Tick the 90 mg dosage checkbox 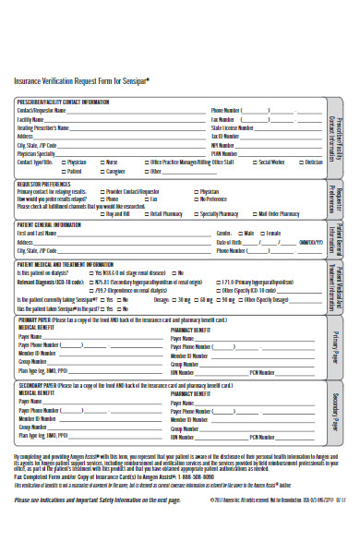(x=219, y=301)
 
